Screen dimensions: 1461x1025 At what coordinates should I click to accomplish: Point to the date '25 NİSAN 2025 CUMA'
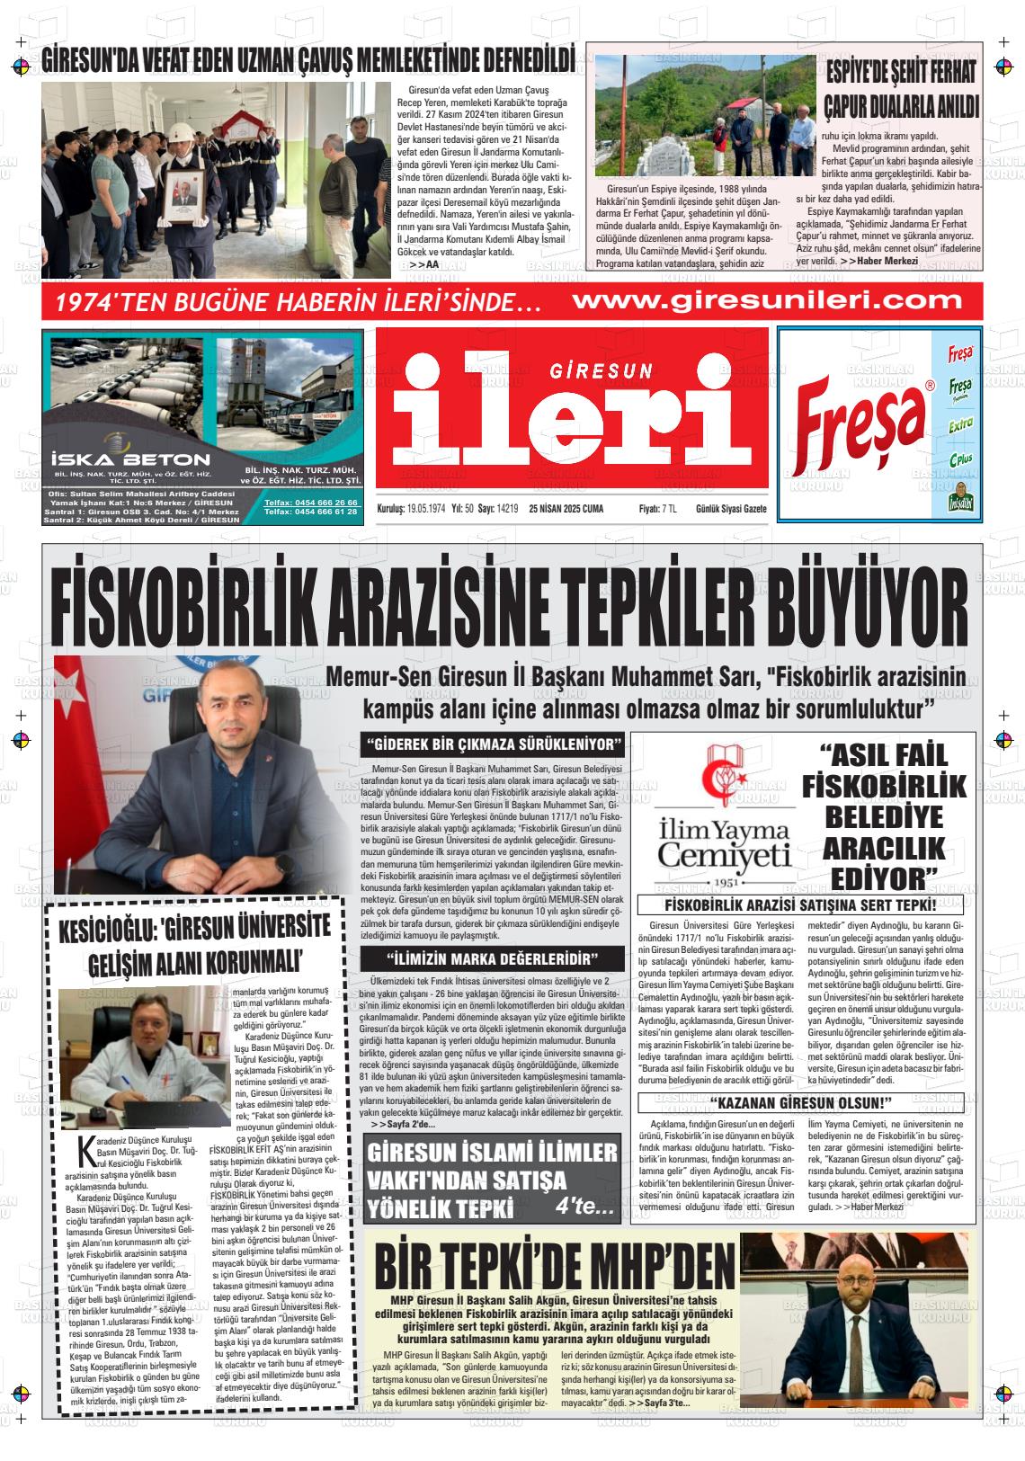[566, 509]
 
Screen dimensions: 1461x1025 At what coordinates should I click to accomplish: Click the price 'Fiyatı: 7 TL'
[658, 509]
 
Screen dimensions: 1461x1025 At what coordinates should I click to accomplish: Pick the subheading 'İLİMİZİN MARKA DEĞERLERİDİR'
[492, 958]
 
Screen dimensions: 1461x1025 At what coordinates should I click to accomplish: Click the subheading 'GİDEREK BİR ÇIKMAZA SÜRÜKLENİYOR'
[492, 745]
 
